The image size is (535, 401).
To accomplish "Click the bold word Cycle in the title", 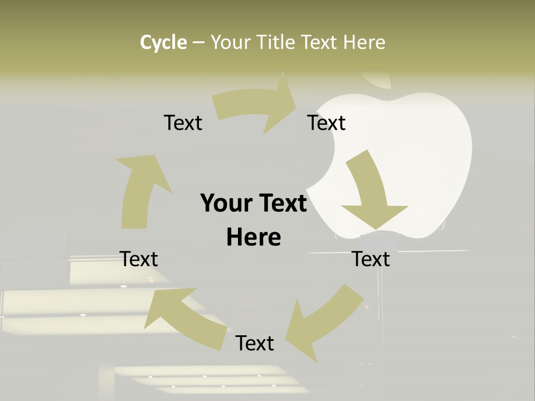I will [x=163, y=42].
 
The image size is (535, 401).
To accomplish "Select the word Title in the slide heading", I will [x=279, y=42].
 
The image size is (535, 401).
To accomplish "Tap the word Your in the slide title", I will [x=231, y=42].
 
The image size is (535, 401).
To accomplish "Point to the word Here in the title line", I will [x=364, y=42].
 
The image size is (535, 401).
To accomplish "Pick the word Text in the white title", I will [x=320, y=42].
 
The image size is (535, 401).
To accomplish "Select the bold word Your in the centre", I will [x=227, y=203].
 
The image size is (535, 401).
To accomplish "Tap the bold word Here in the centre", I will [x=254, y=237].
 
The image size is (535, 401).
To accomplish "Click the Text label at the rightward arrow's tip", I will [x=327, y=123].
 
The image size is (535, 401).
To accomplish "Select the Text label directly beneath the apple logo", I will [x=371, y=259].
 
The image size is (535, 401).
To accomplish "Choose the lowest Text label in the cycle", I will [x=255, y=343].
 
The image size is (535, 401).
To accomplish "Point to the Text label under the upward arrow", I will [x=139, y=259].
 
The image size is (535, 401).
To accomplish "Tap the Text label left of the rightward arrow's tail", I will [x=183, y=123].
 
